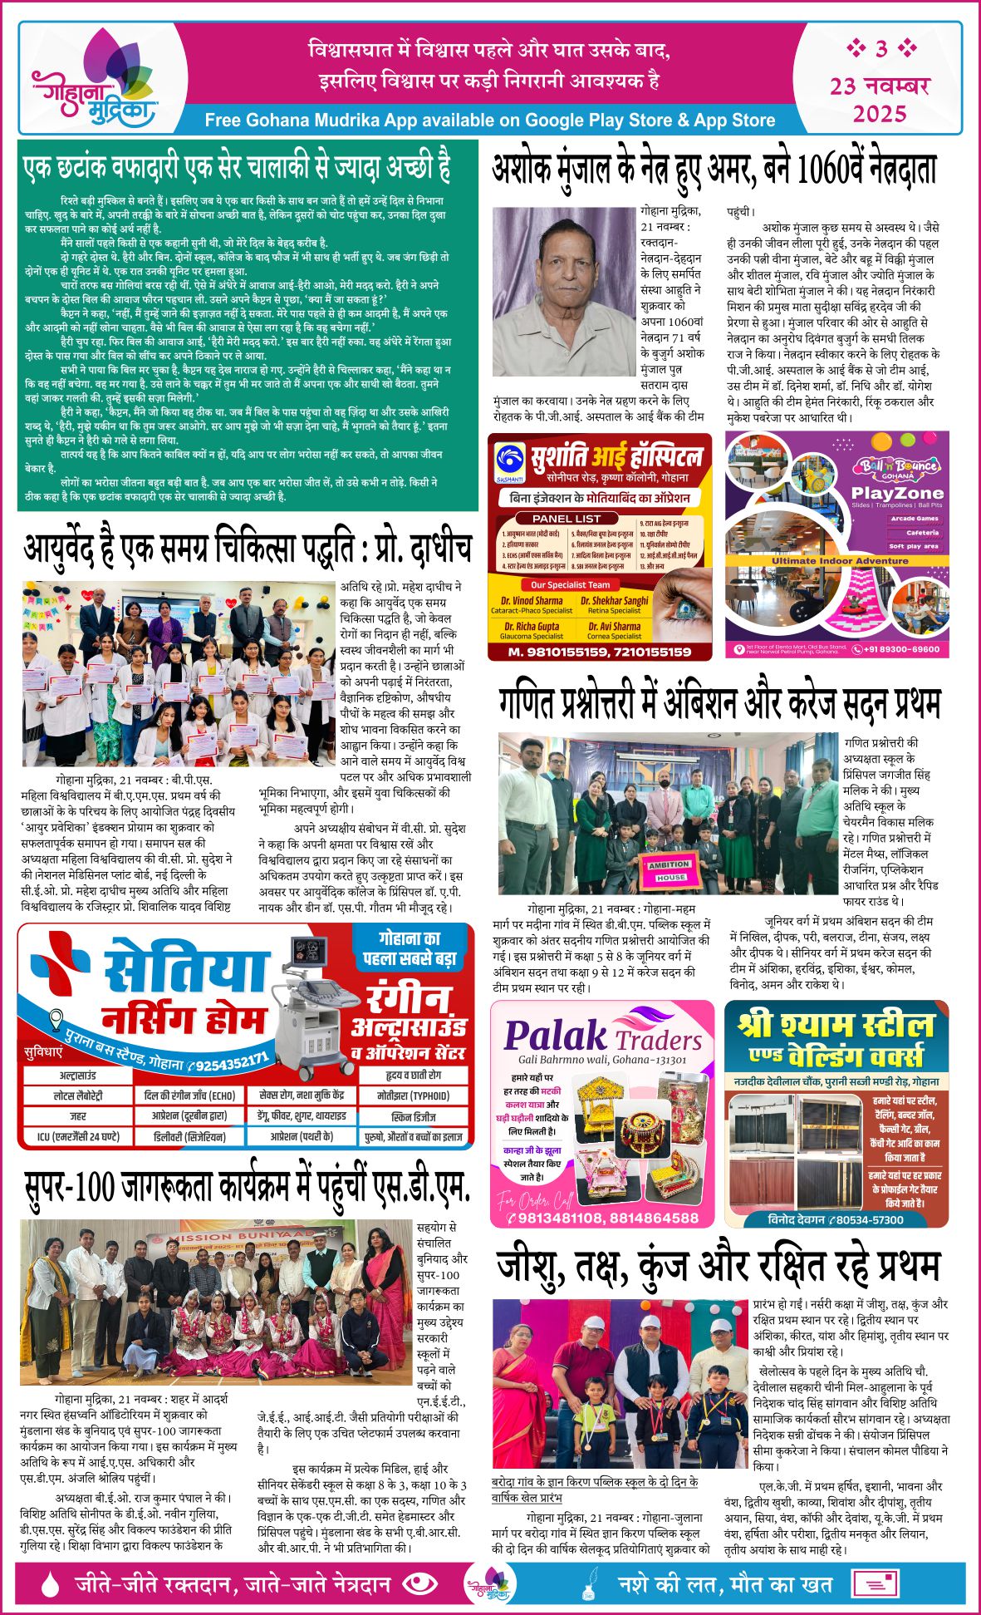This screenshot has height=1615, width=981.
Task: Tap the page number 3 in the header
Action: (x=881, y=49)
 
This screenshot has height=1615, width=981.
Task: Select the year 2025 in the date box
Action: (x=880, y=114)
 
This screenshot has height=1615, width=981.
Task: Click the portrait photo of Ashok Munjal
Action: (x=562, y=292)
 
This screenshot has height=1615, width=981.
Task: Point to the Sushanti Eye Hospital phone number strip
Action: (x=600, y=652)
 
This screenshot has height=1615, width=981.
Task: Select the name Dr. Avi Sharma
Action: (x=615, y=627)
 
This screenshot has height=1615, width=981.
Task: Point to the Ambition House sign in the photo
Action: (x=670, y=869)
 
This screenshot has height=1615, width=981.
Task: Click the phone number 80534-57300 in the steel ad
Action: (x=864, y=1219)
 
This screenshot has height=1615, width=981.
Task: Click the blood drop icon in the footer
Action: (x=51, y=1583)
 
